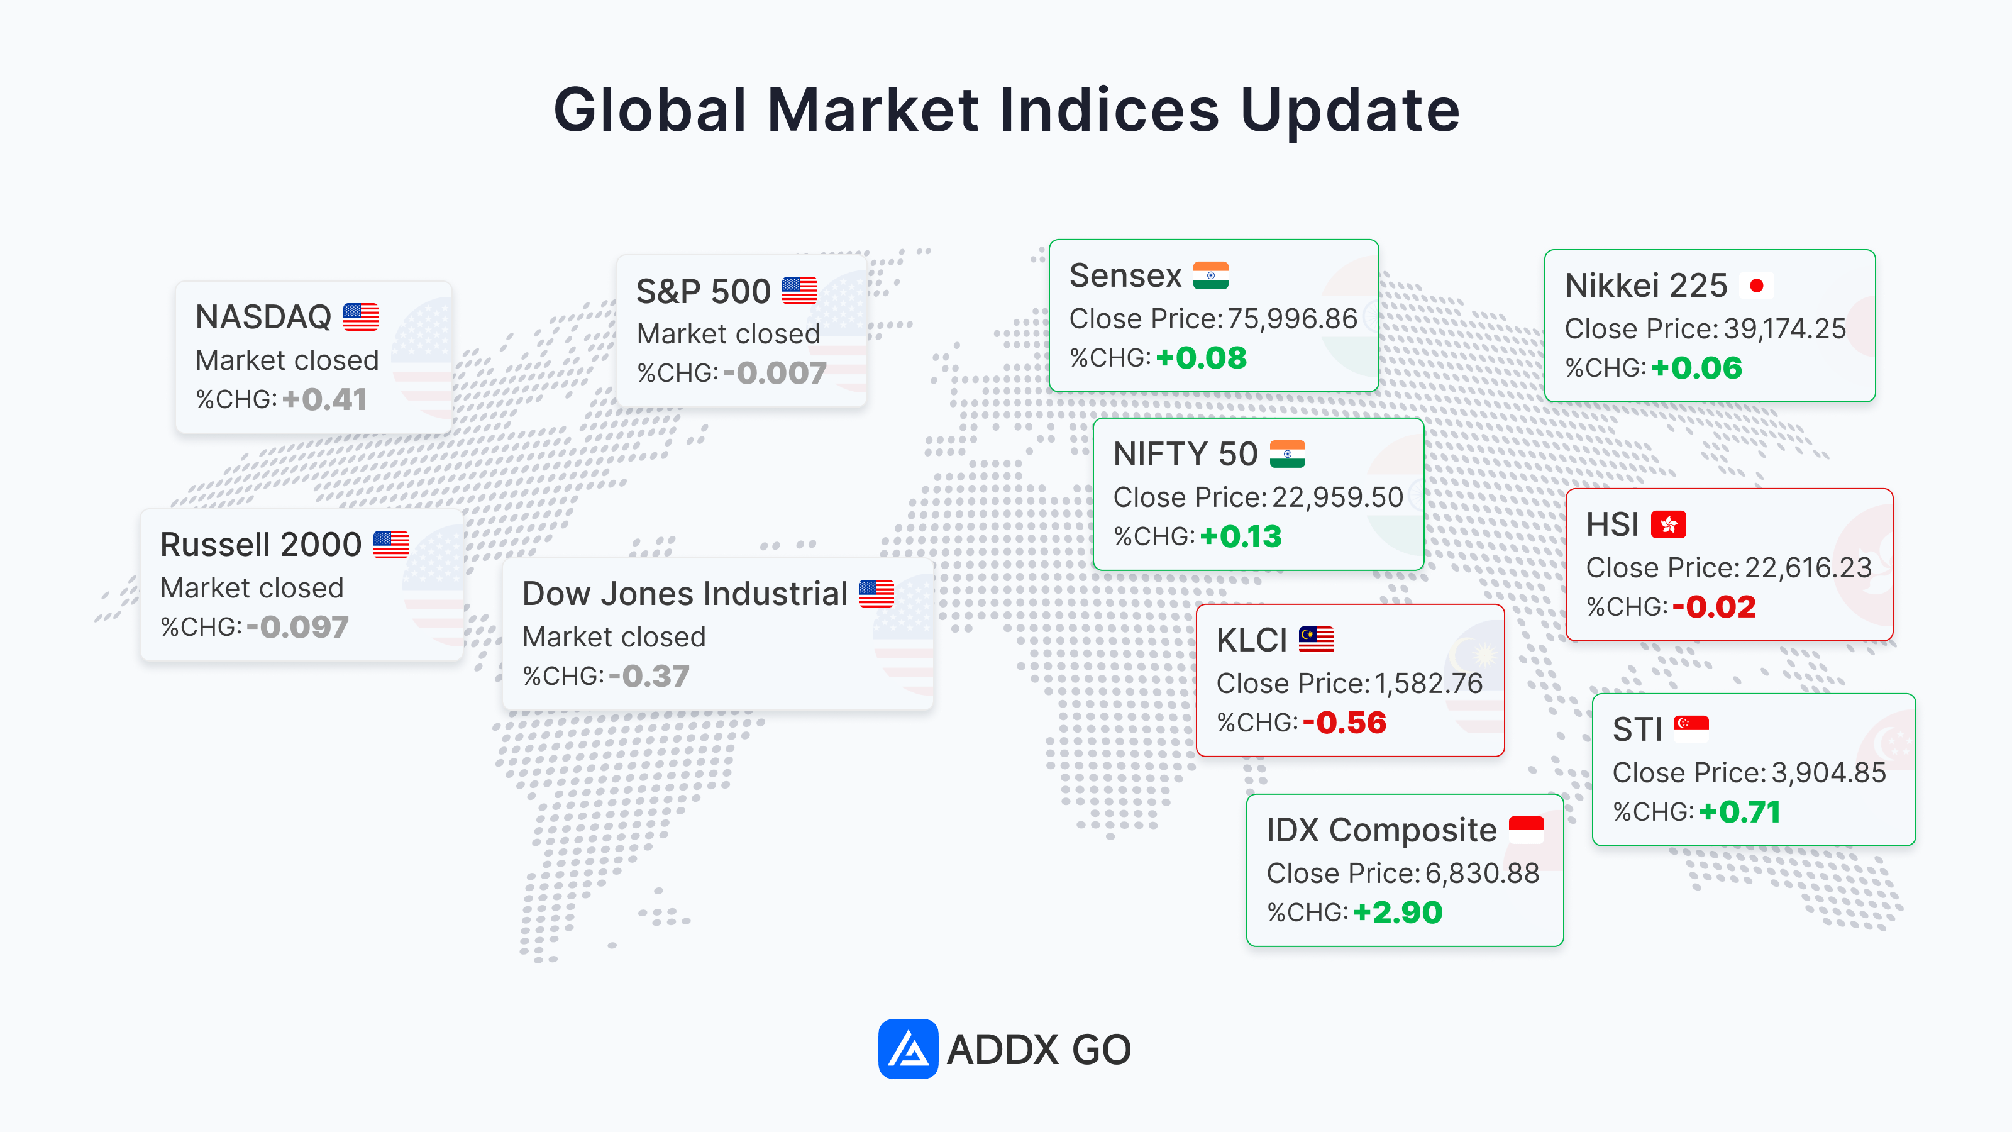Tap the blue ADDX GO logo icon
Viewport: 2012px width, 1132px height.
(907, 1048)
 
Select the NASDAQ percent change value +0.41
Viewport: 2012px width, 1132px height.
(324, 399)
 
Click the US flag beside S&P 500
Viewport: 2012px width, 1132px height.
(799, 291)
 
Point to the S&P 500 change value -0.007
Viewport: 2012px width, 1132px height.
(775, 373)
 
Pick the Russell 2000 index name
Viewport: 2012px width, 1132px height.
(261, 544)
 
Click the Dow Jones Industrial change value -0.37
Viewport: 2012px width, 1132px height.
(649, 676)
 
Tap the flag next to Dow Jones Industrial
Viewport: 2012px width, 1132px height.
(876, 593)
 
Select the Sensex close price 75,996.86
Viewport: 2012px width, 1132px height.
(1292, 318)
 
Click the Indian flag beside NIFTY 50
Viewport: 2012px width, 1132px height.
(1287, 454)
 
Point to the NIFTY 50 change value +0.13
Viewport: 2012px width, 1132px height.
(1241, 536)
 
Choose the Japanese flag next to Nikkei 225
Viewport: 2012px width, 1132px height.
(1757, 285)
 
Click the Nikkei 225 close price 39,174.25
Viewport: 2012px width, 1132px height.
(1785, 328)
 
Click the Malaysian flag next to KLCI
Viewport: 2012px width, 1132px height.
(1316, 639)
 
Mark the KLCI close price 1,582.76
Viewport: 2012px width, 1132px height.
(1429, 683)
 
